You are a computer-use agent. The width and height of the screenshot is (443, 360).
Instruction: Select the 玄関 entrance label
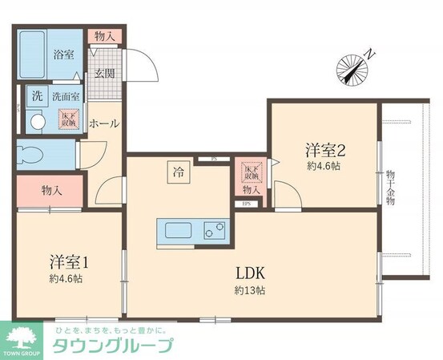[104, 74]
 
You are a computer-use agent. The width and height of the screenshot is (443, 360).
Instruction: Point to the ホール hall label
[104, 124]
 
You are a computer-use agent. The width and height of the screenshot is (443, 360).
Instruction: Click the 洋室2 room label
[324, 149]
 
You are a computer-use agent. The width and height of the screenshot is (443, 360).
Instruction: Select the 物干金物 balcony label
[390, 187]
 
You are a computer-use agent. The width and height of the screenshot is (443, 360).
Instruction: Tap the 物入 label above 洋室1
[52, 190]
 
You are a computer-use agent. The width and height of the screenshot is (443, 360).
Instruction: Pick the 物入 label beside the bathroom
[103, 36]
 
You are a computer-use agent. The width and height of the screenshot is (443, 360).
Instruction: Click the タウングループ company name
[112, 346]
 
